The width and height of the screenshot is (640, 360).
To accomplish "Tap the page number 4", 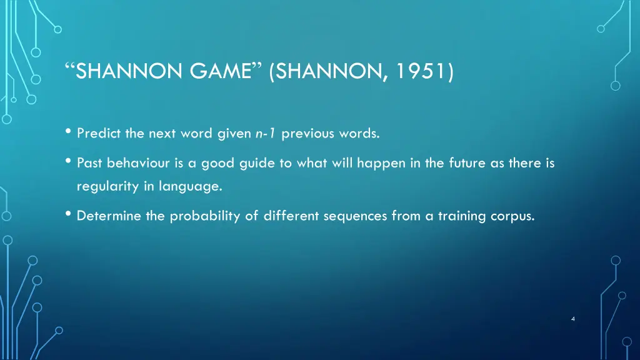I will click(572, 319).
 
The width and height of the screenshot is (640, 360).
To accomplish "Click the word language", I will click(191, 186).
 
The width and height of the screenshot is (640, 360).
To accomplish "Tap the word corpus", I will click(514, 216).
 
